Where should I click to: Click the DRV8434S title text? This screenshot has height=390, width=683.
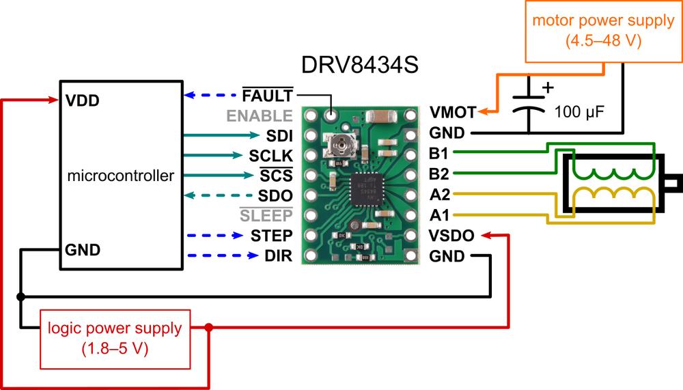(x=359, y=66)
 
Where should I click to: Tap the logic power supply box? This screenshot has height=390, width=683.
(x=113, y=337)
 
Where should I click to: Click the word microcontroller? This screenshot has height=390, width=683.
(x=121, y=176)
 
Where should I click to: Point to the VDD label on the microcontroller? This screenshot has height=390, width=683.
(x=83, y=100)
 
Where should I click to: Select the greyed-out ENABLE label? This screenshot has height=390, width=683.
(x=260, y=115)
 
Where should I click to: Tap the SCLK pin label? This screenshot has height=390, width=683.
(x=271, y=155)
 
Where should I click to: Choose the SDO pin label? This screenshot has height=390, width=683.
(x=275, y=195)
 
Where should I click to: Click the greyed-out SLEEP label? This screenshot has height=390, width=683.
(x=266, y=216)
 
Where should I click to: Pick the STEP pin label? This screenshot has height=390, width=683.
(x=272, y=236)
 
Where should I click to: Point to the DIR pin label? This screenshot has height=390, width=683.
(x=279, y=257)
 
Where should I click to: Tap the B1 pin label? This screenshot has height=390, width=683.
(x=440, y=153)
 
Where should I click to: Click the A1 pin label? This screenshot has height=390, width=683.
(x=440, y=215)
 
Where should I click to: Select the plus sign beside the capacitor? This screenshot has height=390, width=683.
(x=546, y=87)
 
